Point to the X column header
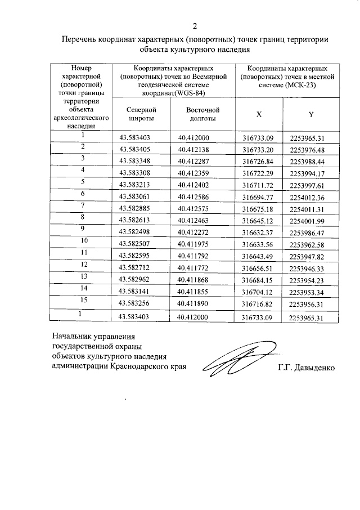(258, 114)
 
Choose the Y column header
(310, 114)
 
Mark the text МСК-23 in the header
(303, 86)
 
